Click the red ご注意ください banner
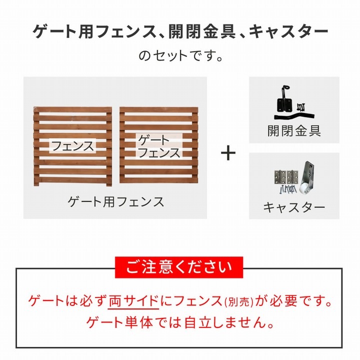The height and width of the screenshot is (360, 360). (178, 268)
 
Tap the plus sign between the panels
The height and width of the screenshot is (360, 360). (228, 153)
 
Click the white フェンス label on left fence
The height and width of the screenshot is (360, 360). (73, 146)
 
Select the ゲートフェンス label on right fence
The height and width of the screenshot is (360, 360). (158, 146)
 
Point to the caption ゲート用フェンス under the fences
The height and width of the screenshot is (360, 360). (116, 202)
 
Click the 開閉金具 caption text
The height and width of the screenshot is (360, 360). (294, 131)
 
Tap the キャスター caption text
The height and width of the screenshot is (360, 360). (294, 207)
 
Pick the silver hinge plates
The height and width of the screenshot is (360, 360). (285, 177)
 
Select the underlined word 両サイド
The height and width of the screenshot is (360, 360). (133, 301)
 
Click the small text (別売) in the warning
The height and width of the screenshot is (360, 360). (238, 302)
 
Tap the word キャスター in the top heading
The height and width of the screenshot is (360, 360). (288, 32)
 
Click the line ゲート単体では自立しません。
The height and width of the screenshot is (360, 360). (180, 322)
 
